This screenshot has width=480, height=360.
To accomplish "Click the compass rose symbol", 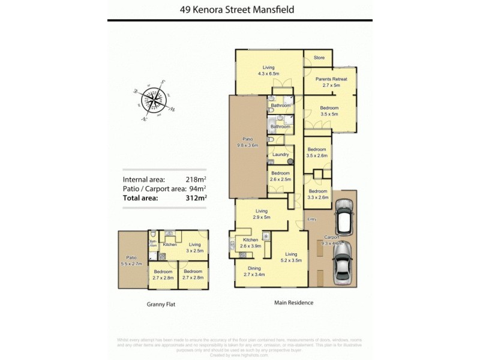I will click(x=155, y=100).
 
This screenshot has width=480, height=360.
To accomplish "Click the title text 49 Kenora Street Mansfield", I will click(x=239, y=10).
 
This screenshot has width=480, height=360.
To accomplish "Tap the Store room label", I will click(x=319, y=58).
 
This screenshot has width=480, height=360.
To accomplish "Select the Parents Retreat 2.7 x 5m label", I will click(x=331, y=82).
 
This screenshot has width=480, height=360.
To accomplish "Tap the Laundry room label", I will click(x=281, y=154).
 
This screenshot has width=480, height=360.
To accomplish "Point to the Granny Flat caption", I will click(x=161, y=304).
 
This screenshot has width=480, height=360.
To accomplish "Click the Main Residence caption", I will click(x=294, y=302).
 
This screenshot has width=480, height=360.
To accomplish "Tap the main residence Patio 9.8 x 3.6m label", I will click(x=247, y=142).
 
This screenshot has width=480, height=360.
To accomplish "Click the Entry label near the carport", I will click(x=312, y=220).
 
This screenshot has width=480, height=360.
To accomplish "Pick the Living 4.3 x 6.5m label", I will click(x=268, y=70).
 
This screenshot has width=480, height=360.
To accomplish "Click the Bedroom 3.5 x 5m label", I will click(x=329, y=110).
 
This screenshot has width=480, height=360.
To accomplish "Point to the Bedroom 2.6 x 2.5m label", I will click(x=280, y=176).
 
